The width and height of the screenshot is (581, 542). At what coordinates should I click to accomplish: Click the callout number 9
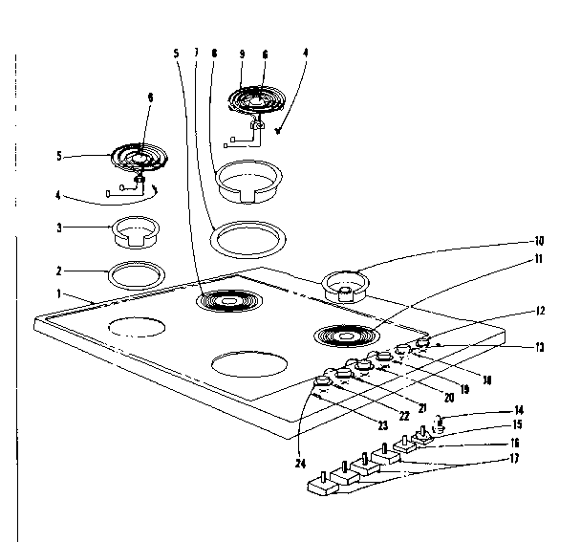(x=242, y=55)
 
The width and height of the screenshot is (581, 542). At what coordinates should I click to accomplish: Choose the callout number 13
(x=539, y=347)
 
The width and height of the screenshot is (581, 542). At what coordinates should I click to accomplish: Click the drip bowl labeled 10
(x=347, y=284)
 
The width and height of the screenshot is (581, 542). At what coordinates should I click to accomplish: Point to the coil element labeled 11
(x=341, y=336)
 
